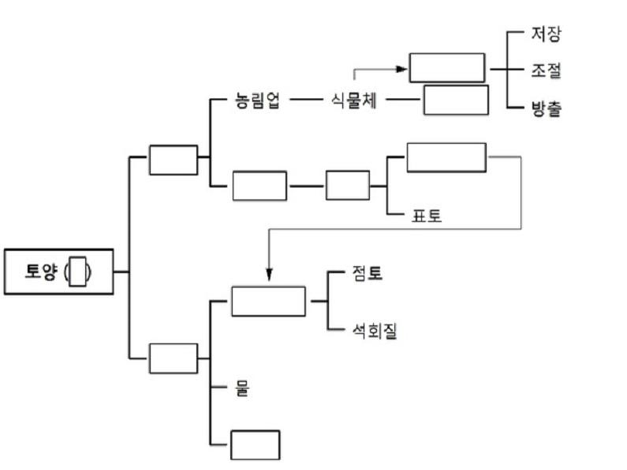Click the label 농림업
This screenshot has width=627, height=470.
point(257,101)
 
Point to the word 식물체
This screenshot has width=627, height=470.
point(353,101)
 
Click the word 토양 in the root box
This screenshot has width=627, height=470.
point(42,272)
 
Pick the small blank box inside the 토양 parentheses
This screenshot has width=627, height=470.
point(78,272)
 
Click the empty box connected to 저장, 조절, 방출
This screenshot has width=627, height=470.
point(447,68)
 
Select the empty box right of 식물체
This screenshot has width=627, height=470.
point(455,100)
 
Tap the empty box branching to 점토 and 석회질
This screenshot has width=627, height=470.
point(268,301)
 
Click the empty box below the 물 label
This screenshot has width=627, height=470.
point(255,445)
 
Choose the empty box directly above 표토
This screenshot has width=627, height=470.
point(446,157)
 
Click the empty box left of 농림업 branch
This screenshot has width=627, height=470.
point(173,160)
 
